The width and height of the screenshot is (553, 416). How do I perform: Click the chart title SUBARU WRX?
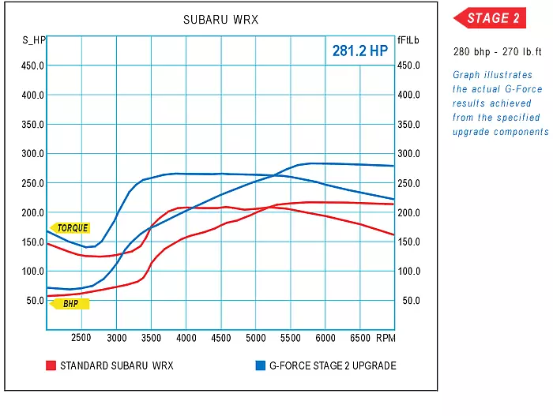(220, 20)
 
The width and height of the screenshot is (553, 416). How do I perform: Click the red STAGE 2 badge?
(489, 18)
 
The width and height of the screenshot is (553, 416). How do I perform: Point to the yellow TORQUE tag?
(72, 228)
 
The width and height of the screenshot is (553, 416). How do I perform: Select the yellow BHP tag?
(71, 303)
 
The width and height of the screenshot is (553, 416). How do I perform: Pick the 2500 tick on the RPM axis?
(82, 338)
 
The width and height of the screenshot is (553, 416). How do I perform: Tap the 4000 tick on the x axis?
(186, 338)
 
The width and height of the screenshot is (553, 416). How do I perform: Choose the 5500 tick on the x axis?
(290, 338)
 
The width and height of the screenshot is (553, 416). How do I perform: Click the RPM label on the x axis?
(386, 338)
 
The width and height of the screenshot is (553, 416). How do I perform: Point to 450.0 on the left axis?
(32, 66)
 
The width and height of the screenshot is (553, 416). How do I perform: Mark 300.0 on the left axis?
(32, 154)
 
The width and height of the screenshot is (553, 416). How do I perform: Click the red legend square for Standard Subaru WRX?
(51, 365)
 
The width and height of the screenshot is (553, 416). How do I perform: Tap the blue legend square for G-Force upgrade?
(260, 365)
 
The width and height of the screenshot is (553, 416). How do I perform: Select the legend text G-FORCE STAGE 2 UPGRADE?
(333, 365)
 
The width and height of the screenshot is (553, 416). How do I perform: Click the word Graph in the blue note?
(466, 75)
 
